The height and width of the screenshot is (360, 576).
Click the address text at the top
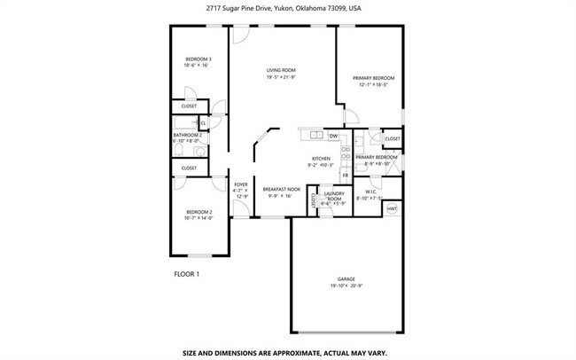coord(284,9)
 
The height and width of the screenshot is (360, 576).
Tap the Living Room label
coord(281,70)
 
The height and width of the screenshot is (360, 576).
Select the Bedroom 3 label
coord(198,59)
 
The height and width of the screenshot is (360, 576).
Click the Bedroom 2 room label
coord(198,211)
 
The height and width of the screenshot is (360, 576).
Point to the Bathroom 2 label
coord(187,136)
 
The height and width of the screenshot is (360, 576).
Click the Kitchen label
coord(320,159)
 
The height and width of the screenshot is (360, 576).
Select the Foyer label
coord(240,184)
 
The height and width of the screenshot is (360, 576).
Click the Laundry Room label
coord(333,196)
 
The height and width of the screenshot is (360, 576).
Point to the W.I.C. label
coord(371,192)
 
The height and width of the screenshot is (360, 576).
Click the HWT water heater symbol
coord(392,209)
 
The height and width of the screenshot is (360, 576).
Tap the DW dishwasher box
coord(333,136)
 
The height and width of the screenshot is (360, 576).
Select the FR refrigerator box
coord(346,176)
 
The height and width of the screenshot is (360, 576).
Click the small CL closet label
coord(202,123)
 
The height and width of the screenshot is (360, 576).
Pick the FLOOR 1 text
coord(187,274)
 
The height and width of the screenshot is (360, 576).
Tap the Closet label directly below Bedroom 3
coord(189,106)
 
